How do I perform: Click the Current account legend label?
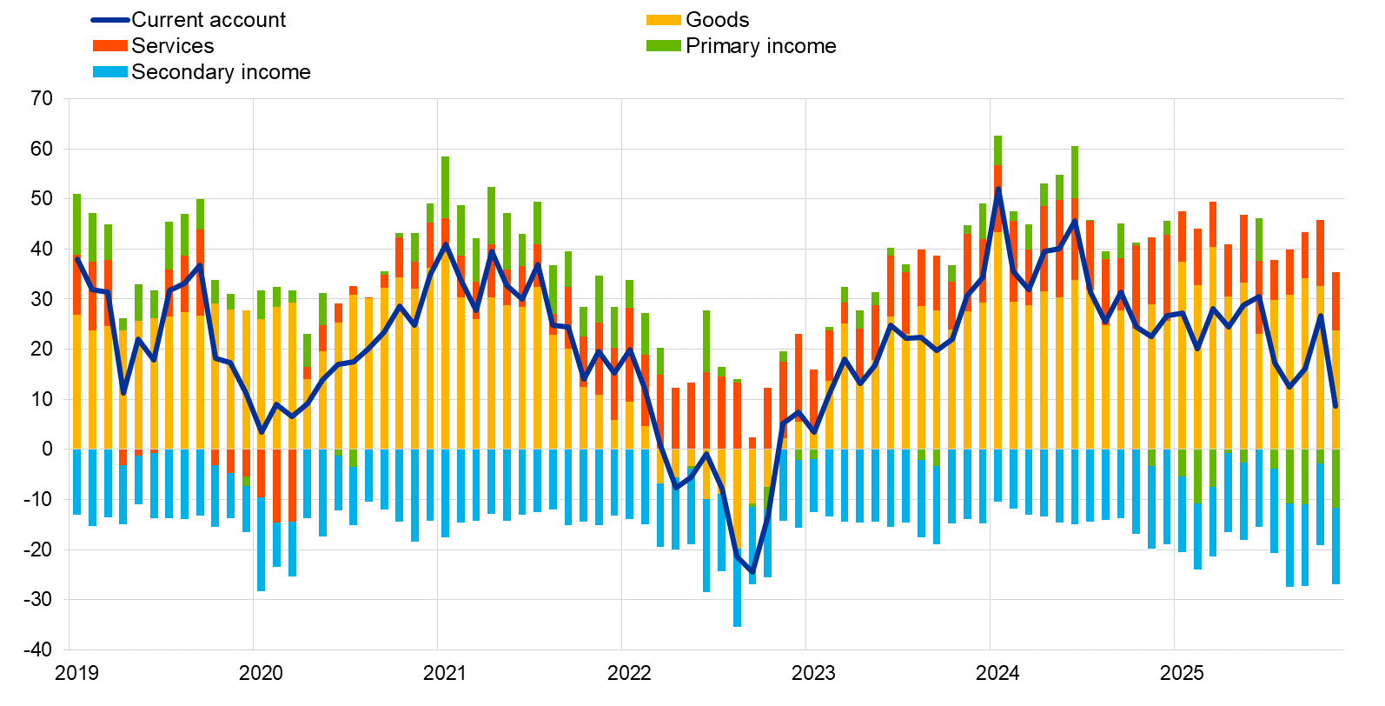208,20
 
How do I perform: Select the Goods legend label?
717,20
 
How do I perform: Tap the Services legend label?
172,46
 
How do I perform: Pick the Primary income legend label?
760,46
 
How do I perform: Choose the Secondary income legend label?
221,72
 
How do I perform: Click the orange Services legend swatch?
110,46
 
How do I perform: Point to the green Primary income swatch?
663,46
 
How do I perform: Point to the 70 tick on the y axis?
42,98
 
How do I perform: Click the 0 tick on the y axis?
47,450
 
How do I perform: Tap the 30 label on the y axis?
42,299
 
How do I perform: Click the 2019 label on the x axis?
76,673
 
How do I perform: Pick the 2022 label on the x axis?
629,673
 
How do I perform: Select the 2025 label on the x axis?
1182,673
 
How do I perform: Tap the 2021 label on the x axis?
445,673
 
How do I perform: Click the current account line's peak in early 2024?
997,189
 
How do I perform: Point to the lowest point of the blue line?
752,573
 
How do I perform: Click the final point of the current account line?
1335,406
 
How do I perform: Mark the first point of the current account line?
76,258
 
